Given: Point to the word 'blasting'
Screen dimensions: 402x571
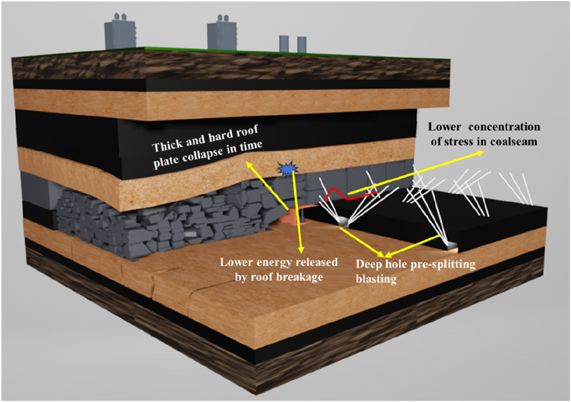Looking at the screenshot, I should [x=376, y=279].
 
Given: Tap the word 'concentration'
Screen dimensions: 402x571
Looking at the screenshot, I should [x=504, y=127].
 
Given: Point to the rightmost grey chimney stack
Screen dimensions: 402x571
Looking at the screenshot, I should [x=302, y=44].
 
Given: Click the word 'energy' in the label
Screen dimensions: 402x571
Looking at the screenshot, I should [x=268, y=262].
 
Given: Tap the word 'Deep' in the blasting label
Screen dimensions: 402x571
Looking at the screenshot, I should [x=370, y=264].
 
